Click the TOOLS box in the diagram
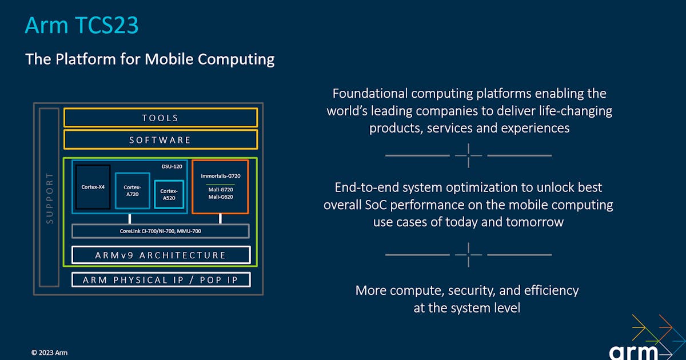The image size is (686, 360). [160, 118]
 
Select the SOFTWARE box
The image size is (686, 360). [160, 140]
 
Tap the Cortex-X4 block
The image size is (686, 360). [93, 186]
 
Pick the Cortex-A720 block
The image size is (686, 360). [132, 190]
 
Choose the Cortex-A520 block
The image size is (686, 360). [168, 194]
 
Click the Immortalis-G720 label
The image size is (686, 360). [220, 176]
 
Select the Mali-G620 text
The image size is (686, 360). [220, 197]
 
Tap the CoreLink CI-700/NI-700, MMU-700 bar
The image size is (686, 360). [160, 231]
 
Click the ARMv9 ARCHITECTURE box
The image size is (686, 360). [160, 255]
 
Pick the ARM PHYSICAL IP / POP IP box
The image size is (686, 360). [160, 280]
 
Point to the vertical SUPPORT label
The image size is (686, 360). [49, 197]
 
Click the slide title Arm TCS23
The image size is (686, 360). [81, 26]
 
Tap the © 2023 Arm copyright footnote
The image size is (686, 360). [49, 353]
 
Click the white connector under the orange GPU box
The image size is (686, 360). [220, 219]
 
